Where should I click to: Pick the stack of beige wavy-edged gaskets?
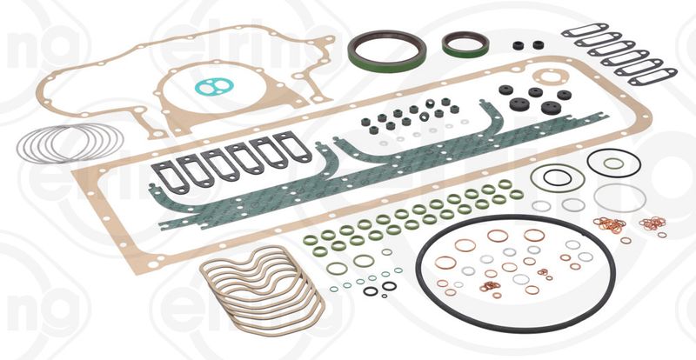click(x=261, y=287)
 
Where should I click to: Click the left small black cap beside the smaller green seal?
click(x=517, y=44)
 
